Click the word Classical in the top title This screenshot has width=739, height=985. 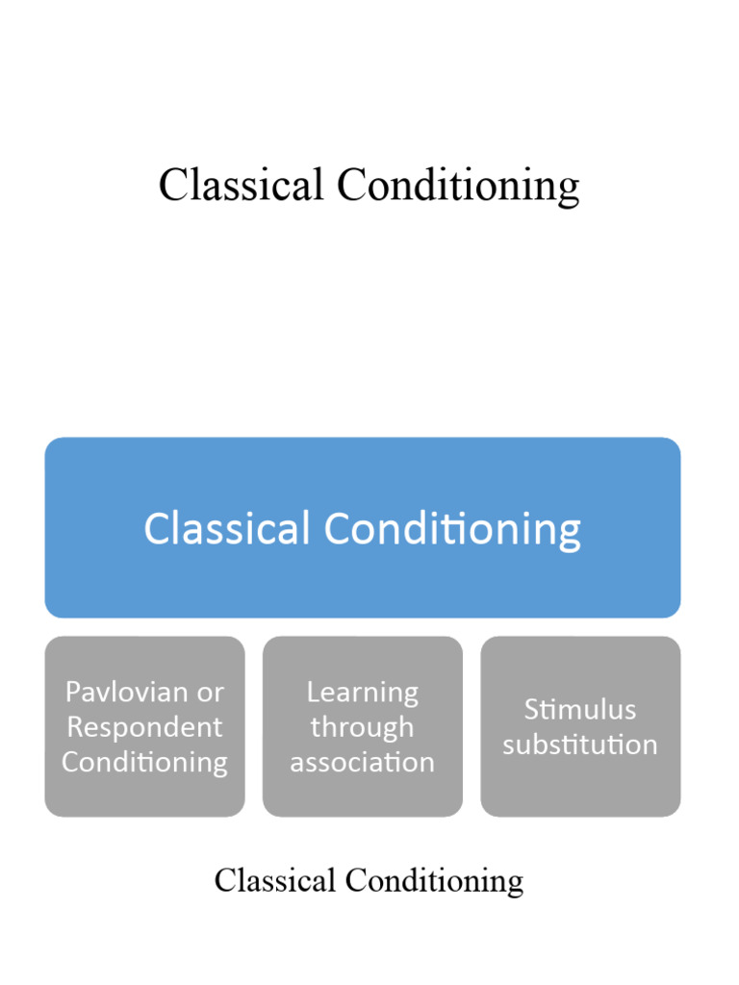point(241,185)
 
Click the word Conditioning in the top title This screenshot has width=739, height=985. point(458,187)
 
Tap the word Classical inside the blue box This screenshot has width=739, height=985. point(227,528)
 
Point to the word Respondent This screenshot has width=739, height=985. point(144,727)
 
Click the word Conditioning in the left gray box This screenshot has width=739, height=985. point(144,763)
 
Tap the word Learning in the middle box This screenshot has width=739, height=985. point(363,692)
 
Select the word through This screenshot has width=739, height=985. point(362,727)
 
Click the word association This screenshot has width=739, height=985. point(362,763)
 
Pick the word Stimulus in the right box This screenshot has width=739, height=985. point(580,710)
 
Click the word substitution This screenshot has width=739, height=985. point(580,745)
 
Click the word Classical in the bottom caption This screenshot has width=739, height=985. point(274,880)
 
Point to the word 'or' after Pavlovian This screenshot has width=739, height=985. point(211,692)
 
